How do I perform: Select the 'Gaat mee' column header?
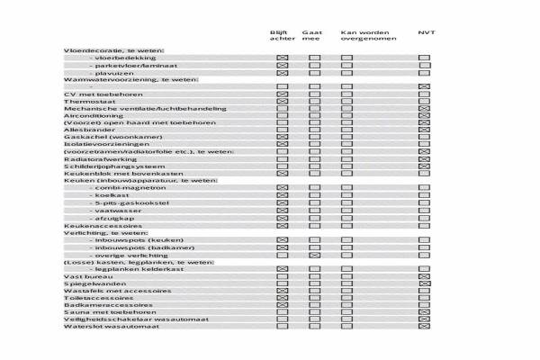click(312, 36)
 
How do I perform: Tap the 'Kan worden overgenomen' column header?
click(363, 36)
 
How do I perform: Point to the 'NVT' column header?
click(426, 33)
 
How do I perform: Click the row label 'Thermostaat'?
click(86, 102)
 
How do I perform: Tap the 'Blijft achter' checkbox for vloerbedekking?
click(282, 58)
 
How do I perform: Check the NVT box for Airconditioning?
click(425, 115)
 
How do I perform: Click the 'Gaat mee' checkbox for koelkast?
click(314, 195)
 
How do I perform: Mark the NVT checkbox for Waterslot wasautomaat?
click(425, 326)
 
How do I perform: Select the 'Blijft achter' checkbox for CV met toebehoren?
click(282, 94)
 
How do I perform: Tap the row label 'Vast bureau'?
click(83, 275)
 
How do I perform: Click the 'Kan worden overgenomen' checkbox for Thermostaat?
click(346, 101)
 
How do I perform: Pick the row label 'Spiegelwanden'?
click(88, 283)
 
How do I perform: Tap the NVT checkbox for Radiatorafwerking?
click(425, 158)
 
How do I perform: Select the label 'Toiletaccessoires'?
click(94, 297)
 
